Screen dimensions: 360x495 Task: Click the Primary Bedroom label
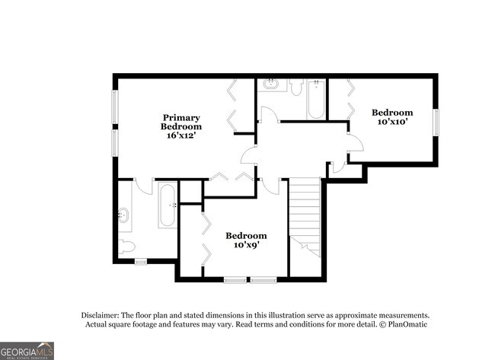[x=180, y=122]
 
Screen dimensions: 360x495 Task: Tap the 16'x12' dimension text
[x=180, y=135]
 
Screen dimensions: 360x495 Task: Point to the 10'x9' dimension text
[x=246, y=245]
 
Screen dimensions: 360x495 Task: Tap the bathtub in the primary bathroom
[x=168, y=205]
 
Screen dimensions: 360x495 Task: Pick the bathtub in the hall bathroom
[x=316, y=99]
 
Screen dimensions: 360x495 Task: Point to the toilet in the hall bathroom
[x=295, y=86]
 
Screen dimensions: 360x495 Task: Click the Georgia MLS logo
[x=27, y=350]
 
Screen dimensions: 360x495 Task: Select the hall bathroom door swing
[x=268, y=114]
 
